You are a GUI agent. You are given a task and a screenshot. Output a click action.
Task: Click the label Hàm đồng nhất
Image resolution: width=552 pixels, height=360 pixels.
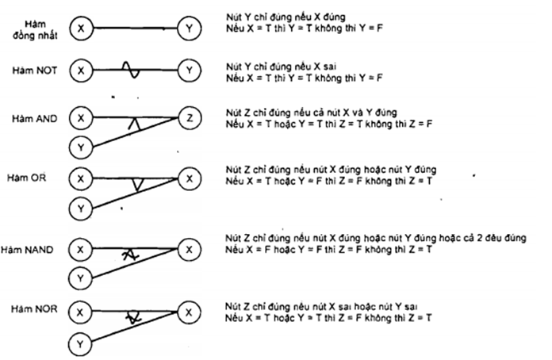pyautogui.click(x=33, y=30)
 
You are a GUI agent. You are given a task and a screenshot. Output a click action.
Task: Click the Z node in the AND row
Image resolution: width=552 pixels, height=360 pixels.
pyautogui.click(x=189, y=118)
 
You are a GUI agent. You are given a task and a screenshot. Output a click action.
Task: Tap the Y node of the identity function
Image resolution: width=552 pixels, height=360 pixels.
pyautogui.click(x=189, y=30)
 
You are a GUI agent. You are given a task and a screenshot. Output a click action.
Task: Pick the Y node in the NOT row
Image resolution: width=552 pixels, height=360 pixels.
pyautogui.click(x=189, y=71)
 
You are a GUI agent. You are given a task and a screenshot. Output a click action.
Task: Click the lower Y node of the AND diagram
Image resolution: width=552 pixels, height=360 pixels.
pyautogui.click(x=79, y=147)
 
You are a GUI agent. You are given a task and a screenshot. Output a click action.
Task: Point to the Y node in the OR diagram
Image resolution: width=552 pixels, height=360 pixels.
pyautogui.click(x=79, y=209)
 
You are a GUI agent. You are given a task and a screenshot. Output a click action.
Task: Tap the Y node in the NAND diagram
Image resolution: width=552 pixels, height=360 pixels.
pyautogui.click(x=79, y=278)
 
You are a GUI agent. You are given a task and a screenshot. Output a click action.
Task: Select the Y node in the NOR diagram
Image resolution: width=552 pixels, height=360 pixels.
pyautogui.click(x=79, y=344)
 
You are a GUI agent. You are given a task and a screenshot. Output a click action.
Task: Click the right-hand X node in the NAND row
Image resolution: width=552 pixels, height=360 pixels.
pyautogui.click(x=189, y=249)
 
